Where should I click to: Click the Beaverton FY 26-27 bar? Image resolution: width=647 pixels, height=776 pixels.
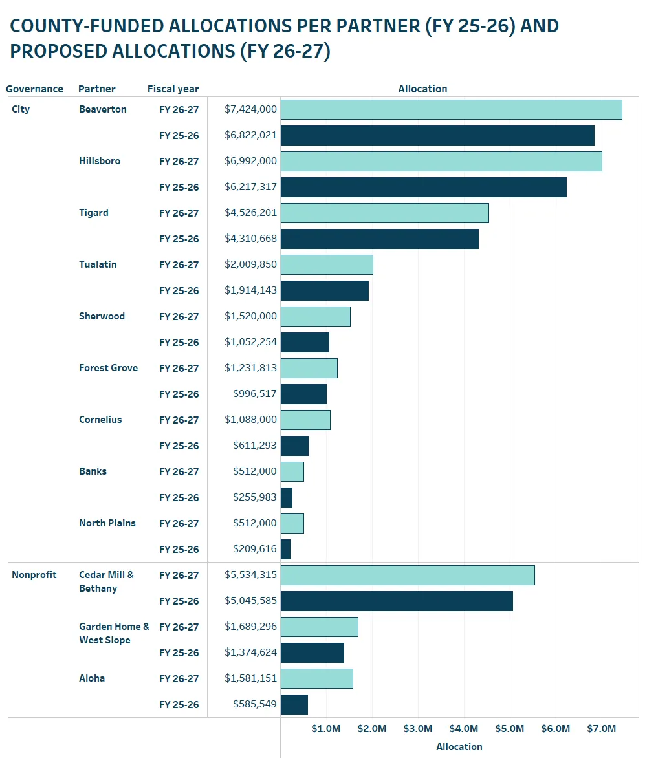(451, 109)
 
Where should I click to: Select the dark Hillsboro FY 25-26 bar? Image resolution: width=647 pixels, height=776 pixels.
(423, 187)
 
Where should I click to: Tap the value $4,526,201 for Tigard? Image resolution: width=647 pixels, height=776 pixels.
(250, 213)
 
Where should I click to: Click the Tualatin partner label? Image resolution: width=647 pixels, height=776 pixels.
(98, 264)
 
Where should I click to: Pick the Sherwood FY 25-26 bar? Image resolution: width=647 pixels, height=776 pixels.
(305, 342)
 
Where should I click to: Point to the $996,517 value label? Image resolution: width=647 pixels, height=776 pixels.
(254, 394)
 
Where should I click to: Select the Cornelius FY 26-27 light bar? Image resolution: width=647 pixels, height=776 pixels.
(305, 420)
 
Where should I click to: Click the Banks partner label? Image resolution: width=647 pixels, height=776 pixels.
(93, 471)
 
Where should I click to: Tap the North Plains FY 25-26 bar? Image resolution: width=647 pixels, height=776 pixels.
(285, 549)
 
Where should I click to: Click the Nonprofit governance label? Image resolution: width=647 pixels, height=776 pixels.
(34, 575)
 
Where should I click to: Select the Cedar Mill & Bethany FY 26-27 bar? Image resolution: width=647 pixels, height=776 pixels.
(408, 575)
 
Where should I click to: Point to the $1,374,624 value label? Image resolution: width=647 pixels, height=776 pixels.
(250, 652)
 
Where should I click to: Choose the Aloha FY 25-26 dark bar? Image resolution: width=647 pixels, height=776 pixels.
(294, 704)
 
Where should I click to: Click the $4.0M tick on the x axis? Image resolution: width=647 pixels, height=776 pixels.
(464, 729)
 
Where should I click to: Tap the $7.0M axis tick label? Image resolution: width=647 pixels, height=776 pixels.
(601, 729)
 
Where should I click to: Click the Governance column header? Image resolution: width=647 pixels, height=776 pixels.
(34, 89)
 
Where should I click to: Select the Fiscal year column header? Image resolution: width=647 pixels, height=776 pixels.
(173, 89)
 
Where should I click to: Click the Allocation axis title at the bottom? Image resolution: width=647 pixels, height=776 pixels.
(459, 747)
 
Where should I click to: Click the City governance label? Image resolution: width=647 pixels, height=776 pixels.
(21, 109)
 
